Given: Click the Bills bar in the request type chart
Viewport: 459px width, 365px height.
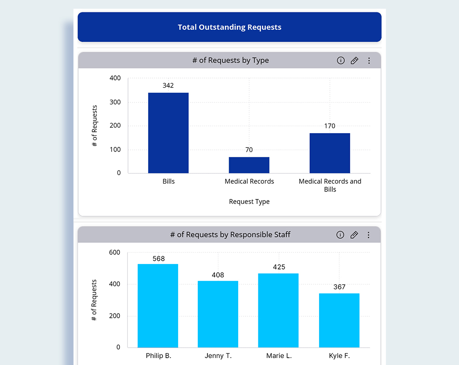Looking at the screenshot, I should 168,133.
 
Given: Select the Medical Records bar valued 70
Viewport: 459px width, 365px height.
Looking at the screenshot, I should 249,165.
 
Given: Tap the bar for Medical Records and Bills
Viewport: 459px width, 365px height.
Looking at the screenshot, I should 330,153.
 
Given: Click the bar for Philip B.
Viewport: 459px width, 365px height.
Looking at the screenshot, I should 158,305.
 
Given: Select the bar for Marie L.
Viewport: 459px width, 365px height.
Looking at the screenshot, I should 278,310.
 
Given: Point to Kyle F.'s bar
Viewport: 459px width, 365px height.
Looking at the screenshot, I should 339,320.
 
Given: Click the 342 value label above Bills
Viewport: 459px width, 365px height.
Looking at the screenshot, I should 168,85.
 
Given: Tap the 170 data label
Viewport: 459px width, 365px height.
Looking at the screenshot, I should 330,126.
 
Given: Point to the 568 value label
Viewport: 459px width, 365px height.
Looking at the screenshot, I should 158,258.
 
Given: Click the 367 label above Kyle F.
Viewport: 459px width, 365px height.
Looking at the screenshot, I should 339,287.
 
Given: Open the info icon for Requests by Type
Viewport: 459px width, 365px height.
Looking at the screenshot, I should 341,61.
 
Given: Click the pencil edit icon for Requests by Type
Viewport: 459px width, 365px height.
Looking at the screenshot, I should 354,61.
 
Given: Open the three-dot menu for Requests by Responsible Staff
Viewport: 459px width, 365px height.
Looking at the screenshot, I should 368,235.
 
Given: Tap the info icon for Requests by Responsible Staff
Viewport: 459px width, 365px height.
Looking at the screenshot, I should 340,235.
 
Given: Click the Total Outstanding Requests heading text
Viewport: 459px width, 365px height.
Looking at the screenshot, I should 229,27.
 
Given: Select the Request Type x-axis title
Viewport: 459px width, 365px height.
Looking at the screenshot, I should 249,202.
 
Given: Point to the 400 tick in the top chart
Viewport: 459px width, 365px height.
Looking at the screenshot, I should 115,78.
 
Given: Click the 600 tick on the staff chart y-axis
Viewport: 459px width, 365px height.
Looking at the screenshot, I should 115,253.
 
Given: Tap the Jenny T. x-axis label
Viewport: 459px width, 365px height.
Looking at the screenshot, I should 218,356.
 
